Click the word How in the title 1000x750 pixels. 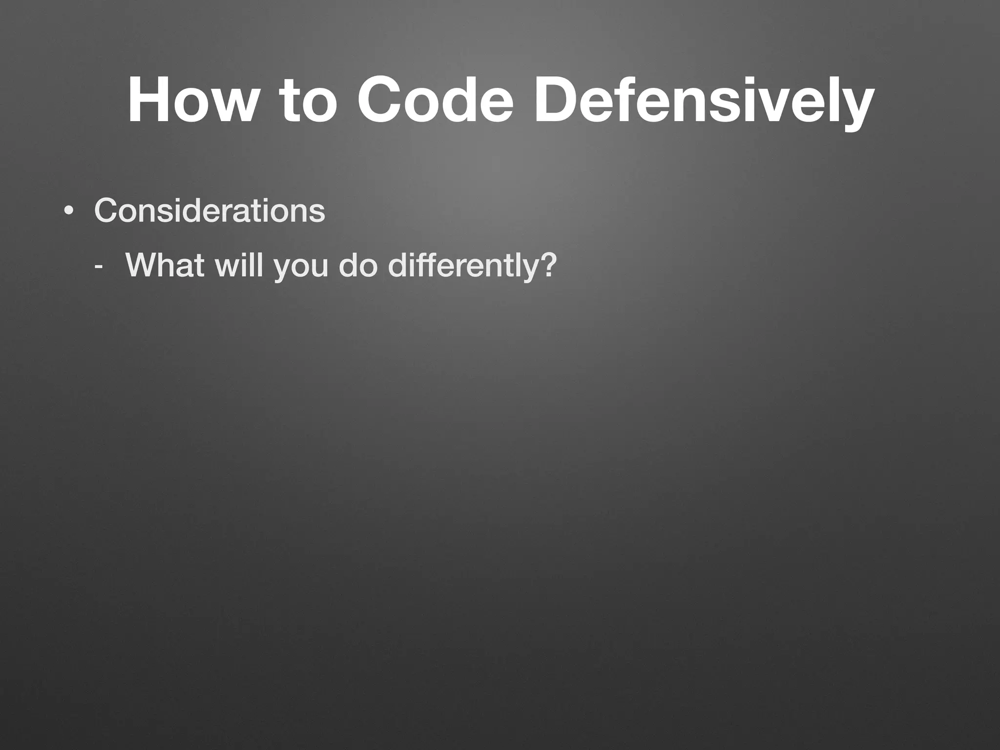[191, 101]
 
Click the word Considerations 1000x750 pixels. [209, 210]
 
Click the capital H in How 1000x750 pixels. [146, 101]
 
